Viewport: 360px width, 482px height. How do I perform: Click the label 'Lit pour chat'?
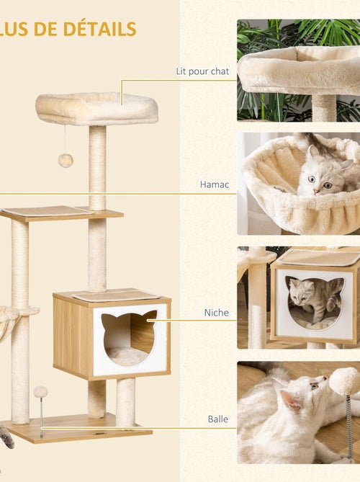pos(202,71)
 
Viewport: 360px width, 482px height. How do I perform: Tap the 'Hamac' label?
pos(215,184)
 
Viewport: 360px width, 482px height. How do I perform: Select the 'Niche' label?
pos(216,313)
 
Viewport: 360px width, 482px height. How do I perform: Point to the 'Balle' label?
pos(217,418)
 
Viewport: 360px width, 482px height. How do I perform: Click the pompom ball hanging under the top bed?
pos(66,160)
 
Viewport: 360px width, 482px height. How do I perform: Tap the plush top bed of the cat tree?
pos(96,107)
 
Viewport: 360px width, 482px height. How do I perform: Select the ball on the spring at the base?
pos(40,392)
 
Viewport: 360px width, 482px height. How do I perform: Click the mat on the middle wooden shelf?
pos(48,211)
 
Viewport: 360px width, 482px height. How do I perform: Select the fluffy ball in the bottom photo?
pos(344,380)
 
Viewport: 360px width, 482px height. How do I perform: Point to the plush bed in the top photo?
pos(299,68)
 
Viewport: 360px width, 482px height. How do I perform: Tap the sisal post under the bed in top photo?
pos(324,107)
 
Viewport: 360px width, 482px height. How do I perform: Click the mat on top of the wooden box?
pos(115,295)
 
